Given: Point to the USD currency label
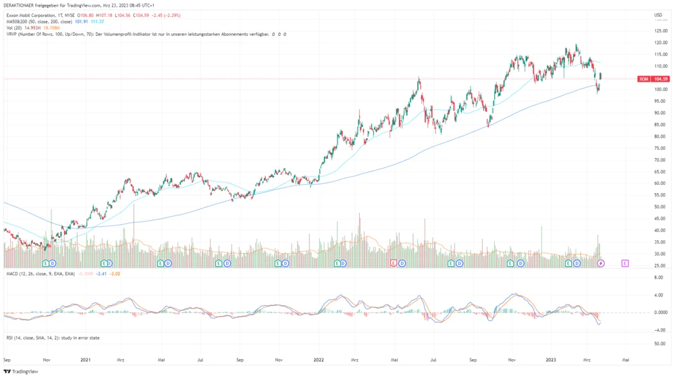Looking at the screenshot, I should coord(657,15).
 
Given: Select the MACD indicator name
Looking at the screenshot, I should coord(12,273).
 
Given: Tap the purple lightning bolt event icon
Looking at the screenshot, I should coord(600,262).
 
